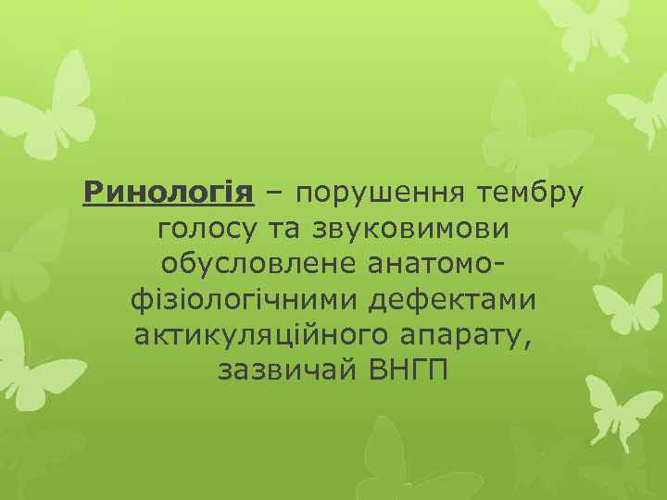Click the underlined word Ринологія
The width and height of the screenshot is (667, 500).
click(x=168, y=194)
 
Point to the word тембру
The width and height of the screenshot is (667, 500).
click(x=531, y=194)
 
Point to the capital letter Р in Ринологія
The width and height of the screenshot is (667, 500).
click(x=92, y=194)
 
